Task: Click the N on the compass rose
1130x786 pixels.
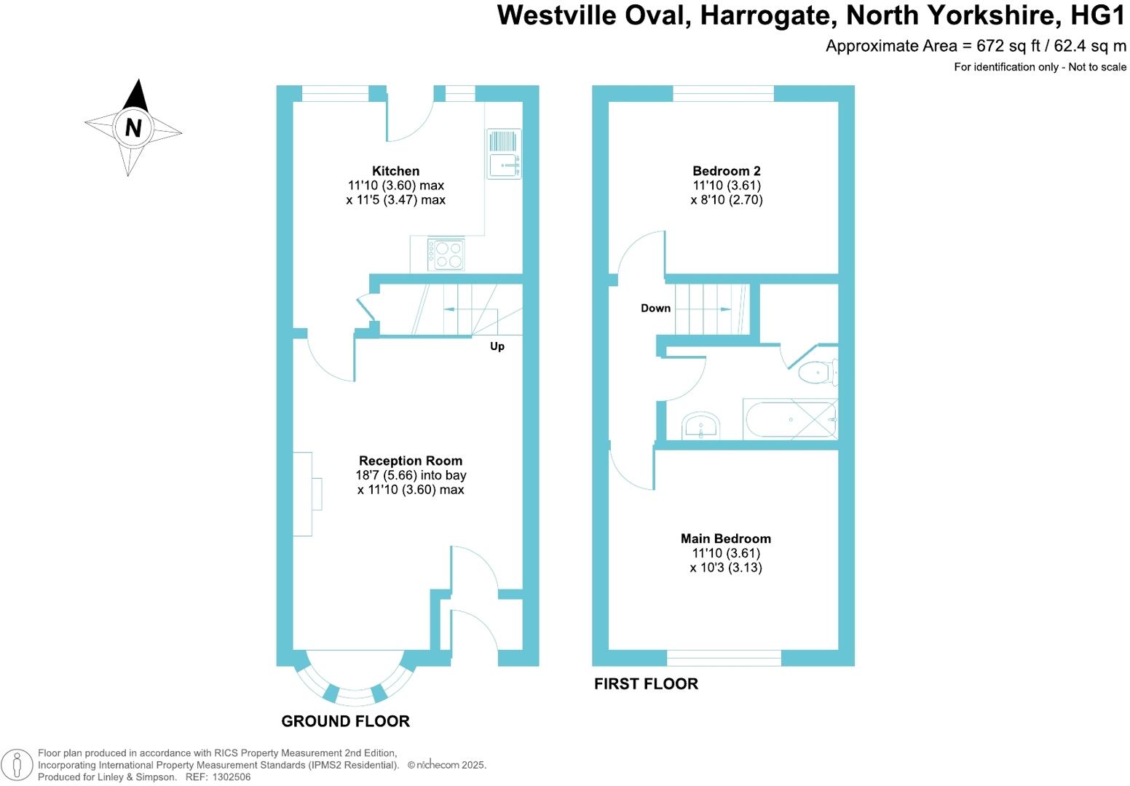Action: pos(133,128)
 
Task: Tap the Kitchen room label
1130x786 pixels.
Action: pos(395,171)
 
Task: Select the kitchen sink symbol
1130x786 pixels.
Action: pos(503,154)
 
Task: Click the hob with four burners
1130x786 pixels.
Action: pos(446,254)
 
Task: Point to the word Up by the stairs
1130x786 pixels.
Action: pos(497,346)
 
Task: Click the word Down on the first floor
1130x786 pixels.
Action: pos(655,309)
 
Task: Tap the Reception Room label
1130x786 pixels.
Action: pos(411,461)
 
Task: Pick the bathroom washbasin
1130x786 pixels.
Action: pos(700,425)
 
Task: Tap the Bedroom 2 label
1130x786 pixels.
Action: pos(726,171)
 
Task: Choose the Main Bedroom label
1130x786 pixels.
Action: pos(725,539)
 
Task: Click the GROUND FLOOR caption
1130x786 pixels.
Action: pos(345,721)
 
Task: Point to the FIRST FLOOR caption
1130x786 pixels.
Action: pos(646,683)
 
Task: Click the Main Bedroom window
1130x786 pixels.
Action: pos(724,658)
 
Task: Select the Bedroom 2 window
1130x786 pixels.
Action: pos(723,93)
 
